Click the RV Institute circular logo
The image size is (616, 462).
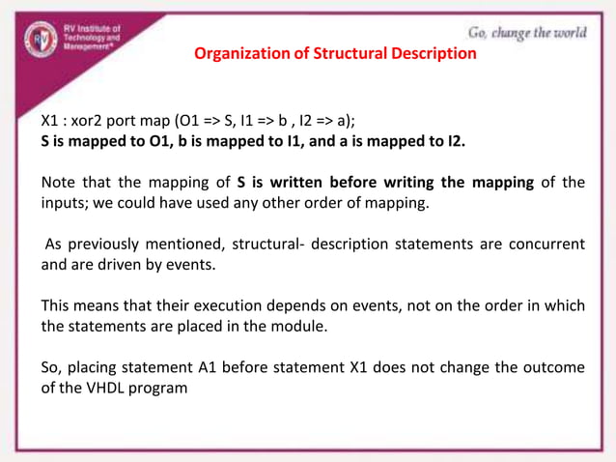[x=41, y=40]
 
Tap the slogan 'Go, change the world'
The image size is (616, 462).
[x=526, y=33]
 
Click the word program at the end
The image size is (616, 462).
[x=162, y=389]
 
